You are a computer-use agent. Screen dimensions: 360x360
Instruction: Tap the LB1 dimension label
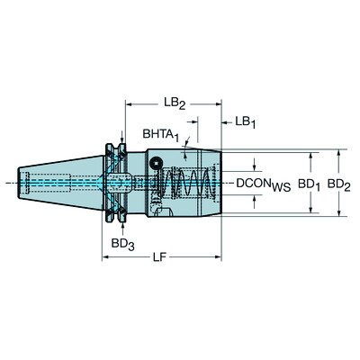pyautogui.click(x=245, y=121)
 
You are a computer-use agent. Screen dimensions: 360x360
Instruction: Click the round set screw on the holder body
pyautogui.click(x=157, y=163)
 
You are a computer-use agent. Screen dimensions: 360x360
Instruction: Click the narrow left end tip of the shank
pyautogui.click(x=21, y=183)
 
